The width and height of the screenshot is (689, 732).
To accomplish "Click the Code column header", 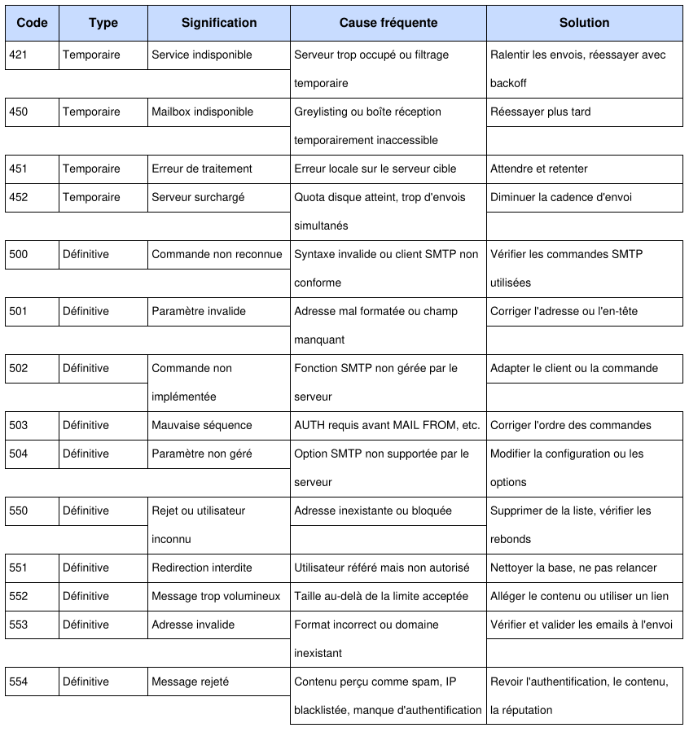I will [x=32, y=23].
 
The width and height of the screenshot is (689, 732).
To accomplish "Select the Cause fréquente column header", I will [x=388, y=23].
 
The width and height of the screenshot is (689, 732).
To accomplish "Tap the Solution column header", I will [x=584, y=23].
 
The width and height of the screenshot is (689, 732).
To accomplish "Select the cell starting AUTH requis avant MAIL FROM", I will [x=387, y=425].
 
